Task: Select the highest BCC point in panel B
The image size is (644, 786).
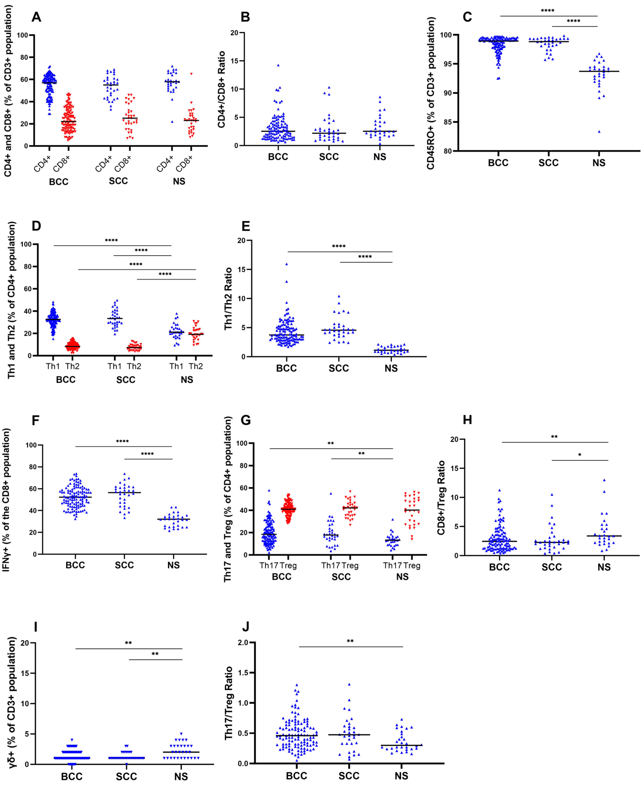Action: (278, 65)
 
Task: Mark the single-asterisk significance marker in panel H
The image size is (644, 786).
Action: (580, 455)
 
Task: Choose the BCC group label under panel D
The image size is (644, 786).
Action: (66, 380)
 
